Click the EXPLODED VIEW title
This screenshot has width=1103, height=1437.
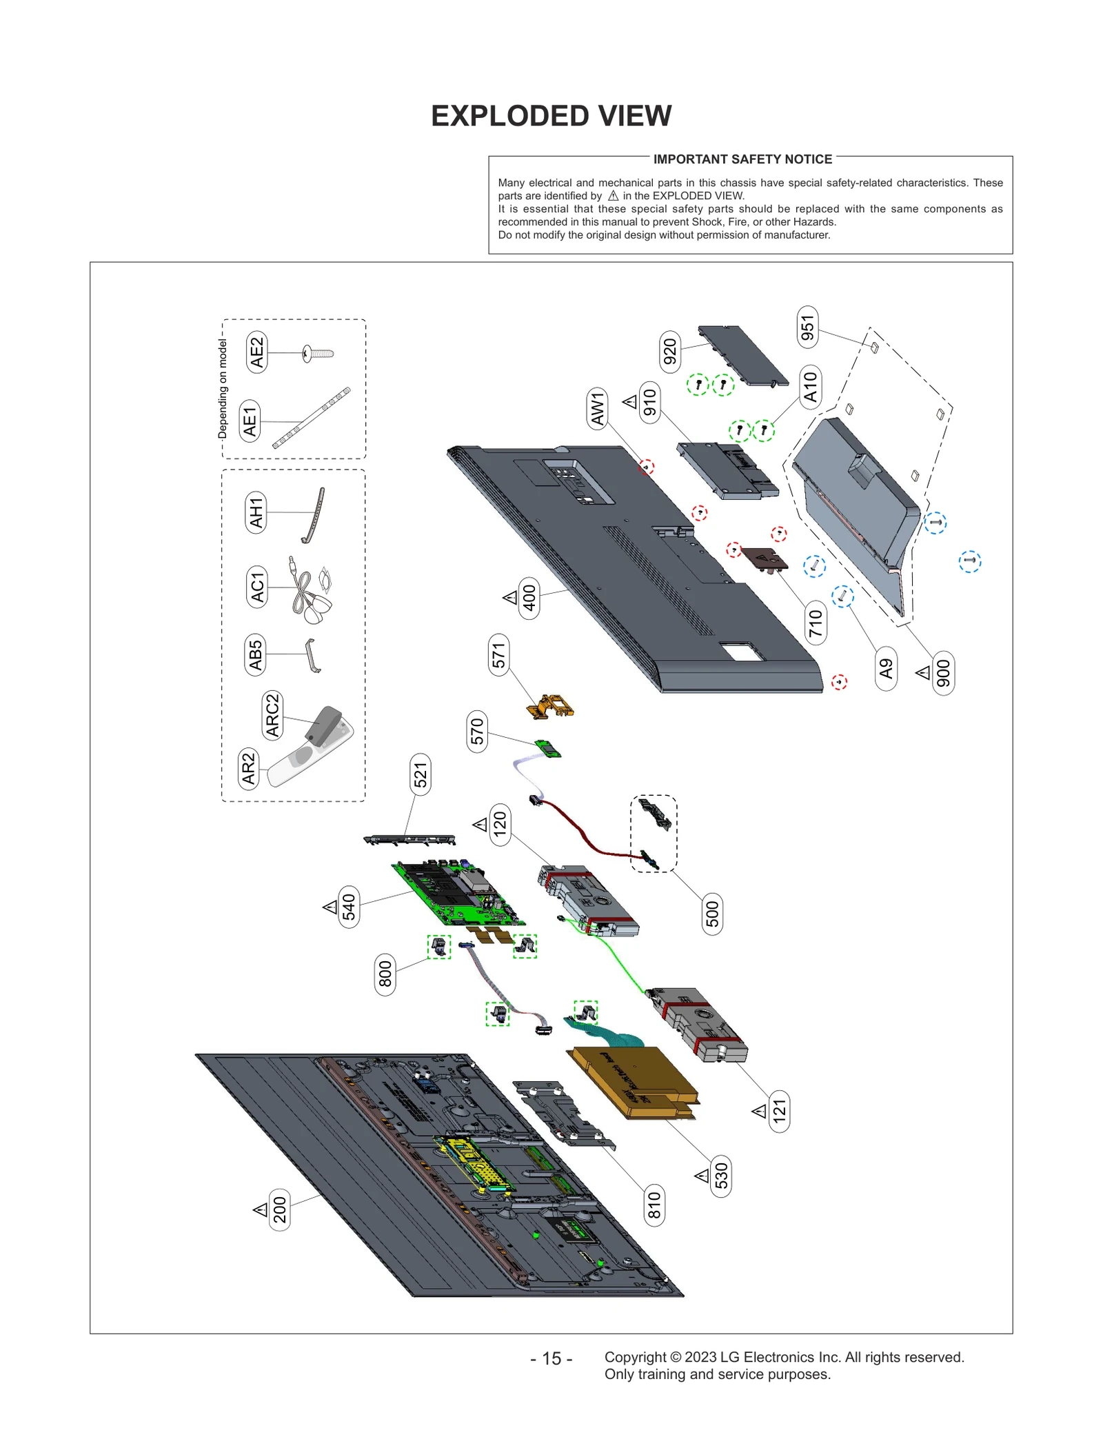point(551,116)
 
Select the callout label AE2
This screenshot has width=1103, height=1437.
point(256,352)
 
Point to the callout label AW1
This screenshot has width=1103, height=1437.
point(597,408)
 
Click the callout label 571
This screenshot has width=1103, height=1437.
point(498,654)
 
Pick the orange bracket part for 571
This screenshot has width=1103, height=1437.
point(550,706)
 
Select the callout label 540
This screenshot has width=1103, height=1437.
point(349,907)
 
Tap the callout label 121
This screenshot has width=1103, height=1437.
point(779,1111)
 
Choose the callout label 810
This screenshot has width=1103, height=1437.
point(654,1205)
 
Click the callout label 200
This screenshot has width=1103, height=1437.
point(279,1209)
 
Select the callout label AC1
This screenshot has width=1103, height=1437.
point(256,587)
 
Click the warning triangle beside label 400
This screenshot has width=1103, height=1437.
point(510,597)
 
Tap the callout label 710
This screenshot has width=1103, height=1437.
point(816,623)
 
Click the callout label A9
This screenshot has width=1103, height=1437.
point(886,668)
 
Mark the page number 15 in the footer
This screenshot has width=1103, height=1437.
point(551,1358)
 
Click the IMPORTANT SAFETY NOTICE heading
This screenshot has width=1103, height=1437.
point(742,159)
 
